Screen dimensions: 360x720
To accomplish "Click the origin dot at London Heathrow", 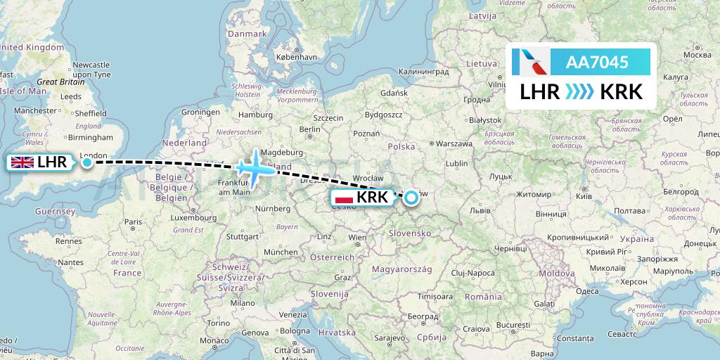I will (86, 162).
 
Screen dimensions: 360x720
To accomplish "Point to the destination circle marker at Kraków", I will (410, 198).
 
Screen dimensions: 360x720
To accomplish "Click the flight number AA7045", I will (597, 62).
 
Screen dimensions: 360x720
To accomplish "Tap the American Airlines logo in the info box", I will (531, 62).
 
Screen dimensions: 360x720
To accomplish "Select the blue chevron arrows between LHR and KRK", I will (580, 91).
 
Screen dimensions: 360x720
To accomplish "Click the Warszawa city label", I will (453, 143).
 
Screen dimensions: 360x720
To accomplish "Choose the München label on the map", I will (281, 251).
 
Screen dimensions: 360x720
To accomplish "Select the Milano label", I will (246, 302).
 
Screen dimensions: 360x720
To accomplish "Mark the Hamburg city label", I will (255, 115).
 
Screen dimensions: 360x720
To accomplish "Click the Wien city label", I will (357, 238).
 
